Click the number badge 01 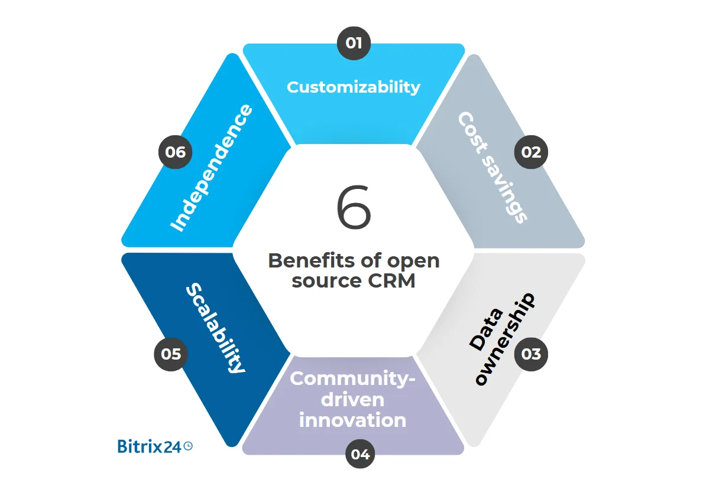point(354,43)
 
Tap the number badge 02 point(531,152)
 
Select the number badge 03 point(531,354)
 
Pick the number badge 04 point(360,454)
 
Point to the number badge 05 point(171,354)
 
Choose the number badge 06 point(176,152)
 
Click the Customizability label point(354,87)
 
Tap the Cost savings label point(492,167)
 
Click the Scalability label point(215,328)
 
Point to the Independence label point(211,168)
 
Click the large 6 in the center point(354,208)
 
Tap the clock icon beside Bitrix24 point(188,446)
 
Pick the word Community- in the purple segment point(353,378)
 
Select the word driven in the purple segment point(353,400)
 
